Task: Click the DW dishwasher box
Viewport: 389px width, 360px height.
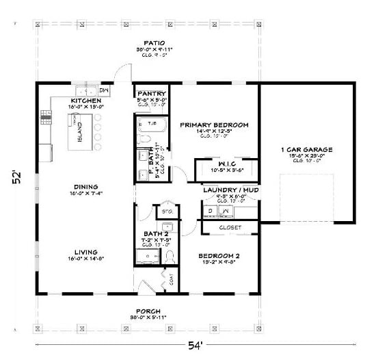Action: [x=105, y=90]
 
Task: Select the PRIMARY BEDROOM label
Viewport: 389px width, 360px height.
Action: [x=214, y=125]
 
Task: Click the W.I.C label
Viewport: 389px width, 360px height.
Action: [x=227, y=164]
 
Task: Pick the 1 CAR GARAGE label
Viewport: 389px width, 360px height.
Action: [x=306, y=149]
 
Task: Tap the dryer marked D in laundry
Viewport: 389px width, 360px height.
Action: [x=211, y=211]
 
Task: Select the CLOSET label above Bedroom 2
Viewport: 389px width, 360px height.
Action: [x=229, y=227]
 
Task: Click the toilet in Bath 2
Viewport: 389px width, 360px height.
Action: [x=170, y=257]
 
